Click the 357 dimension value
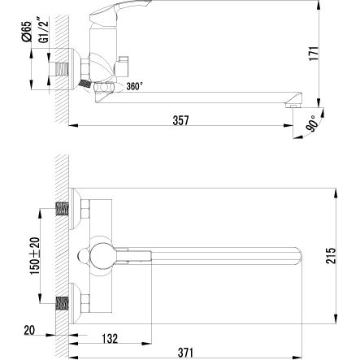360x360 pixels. coord(180,120)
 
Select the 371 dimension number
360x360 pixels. coord(186,353)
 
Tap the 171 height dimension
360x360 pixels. coord(314,54)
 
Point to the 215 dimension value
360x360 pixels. coord(331,255)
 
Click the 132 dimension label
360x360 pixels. coord(110,339)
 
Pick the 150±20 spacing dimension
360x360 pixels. coord(35,256)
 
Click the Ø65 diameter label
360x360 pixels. coord(27,32)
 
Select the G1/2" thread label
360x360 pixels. coord(44,29)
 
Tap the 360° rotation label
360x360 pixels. coord(134,86)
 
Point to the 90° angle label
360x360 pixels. coord(312,124)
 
